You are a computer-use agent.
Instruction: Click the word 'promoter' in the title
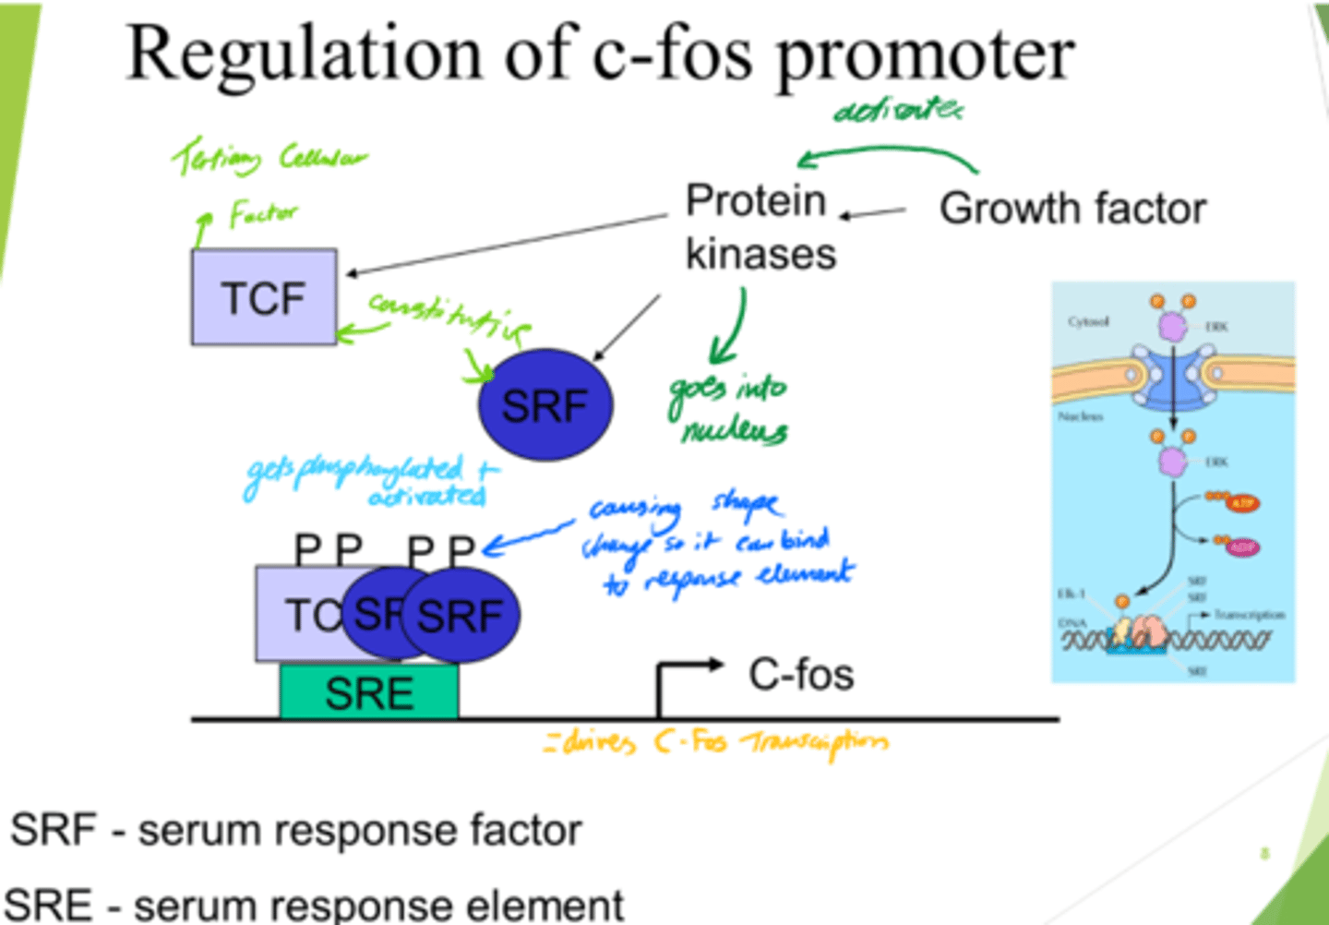(925, 55)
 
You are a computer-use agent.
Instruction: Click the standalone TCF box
(264, 297)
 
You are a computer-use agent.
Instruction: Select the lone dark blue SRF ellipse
(545, 404)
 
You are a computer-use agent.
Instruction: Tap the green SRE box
(369, 692)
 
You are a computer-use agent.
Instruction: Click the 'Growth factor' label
(1072, 209)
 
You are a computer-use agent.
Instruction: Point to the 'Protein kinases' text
(760, 227)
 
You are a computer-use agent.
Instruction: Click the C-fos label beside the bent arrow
(800, 675)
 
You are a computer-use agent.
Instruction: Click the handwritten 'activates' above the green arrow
(897, 111)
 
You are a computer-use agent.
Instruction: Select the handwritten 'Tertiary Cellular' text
(269, 159)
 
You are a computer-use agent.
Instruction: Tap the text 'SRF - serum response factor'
(295, 830)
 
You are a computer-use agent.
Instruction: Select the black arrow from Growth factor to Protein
(873, 213)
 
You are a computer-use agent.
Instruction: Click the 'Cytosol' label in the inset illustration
(1088, 321)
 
